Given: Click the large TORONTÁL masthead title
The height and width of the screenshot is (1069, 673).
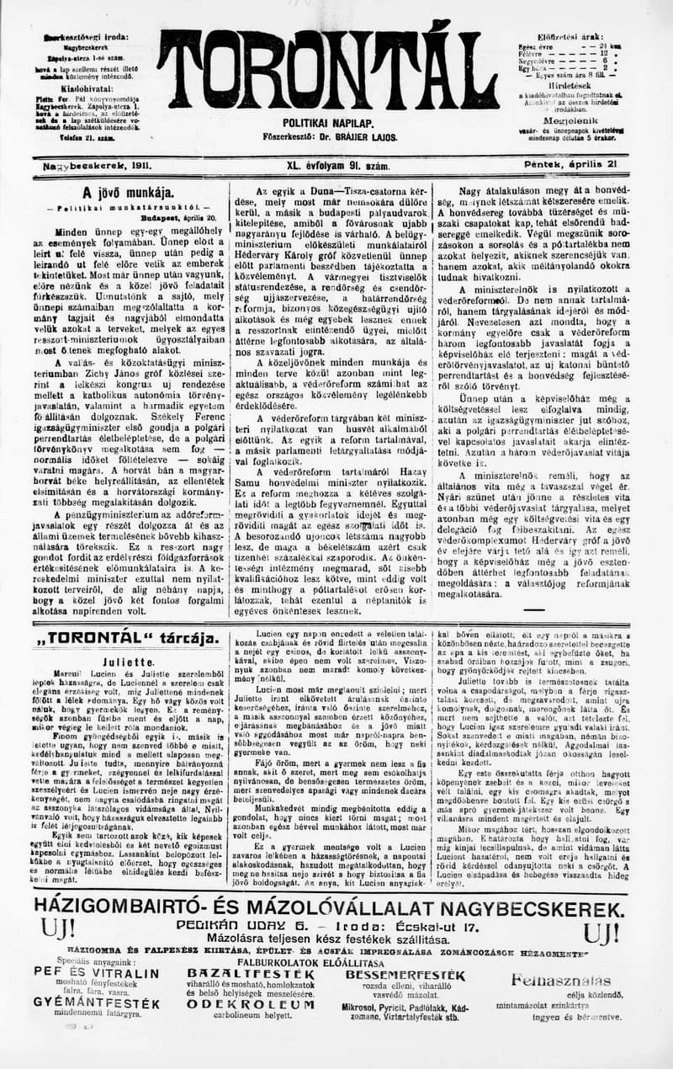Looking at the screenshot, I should [327, 65].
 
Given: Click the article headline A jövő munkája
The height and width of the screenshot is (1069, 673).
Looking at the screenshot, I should [128, 192].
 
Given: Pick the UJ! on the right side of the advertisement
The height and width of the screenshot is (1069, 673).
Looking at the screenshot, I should [601, 933].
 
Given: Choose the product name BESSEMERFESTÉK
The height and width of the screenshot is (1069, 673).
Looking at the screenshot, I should [405, 975].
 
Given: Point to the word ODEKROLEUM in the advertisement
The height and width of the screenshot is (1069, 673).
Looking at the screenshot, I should [240, 1003].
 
